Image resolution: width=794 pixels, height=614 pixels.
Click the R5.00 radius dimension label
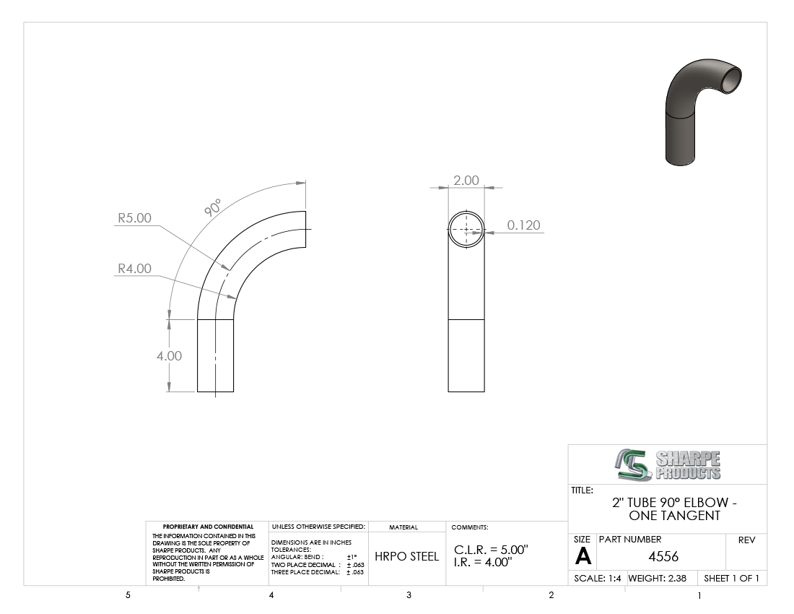(x=135, y=218)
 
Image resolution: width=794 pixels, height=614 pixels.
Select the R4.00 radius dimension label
(x=135, y=269)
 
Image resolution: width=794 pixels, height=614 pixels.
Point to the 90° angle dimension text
(x=213, y=208)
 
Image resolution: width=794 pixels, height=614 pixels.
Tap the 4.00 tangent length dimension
(x=169, y=355)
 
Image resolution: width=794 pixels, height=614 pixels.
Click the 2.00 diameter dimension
(x=466, y=181)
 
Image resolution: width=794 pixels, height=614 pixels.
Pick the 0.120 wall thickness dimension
(x=523, y=225)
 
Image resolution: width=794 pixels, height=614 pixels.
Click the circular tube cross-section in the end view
(x=466, y=211)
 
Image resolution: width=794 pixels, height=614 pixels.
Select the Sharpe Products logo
(x=668, y=464)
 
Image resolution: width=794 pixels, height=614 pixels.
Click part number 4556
(x=663, y=557)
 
